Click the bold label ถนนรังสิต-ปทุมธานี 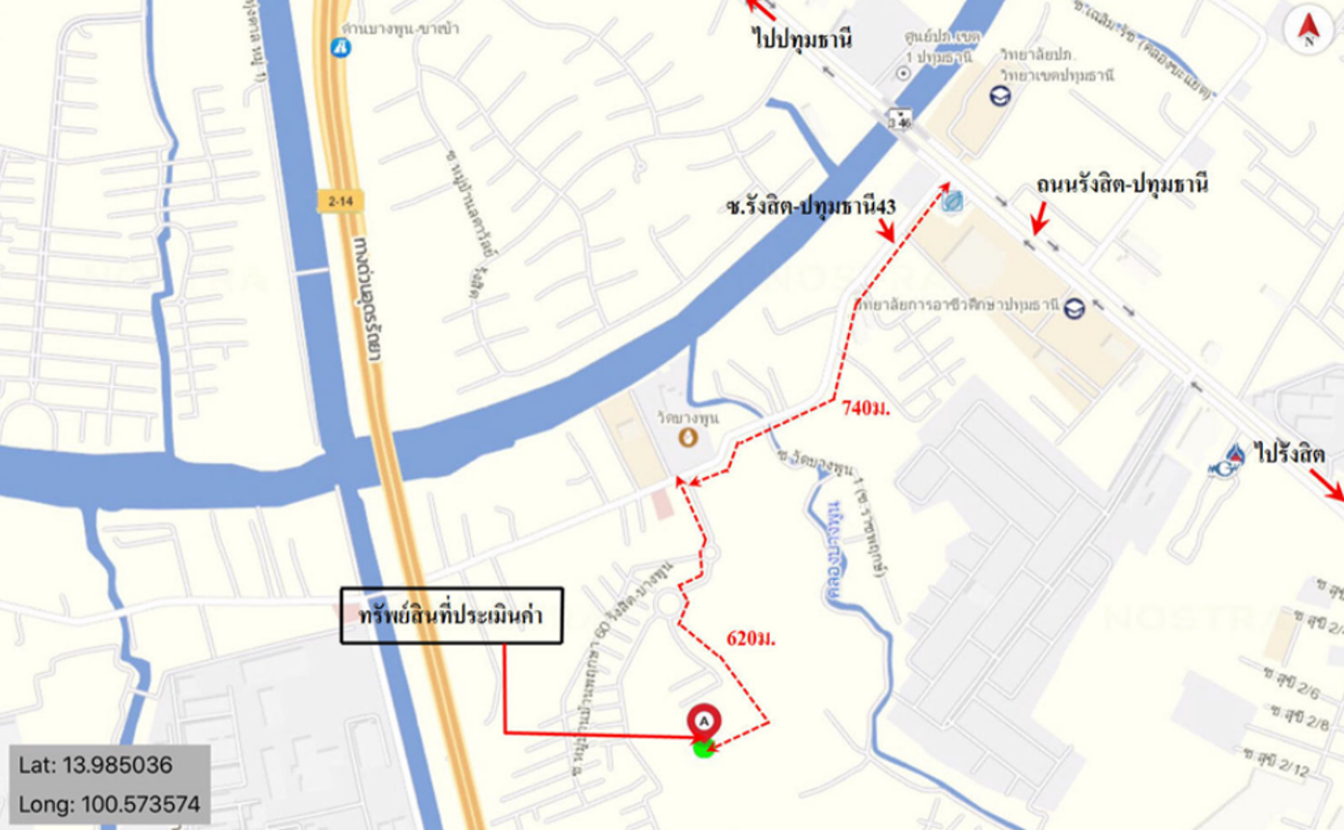coord(1122,183)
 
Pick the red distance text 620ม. coord(753,637)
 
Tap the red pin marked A coord(704,720)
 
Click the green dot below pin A coord(704,748)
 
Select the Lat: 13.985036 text coord(96,766)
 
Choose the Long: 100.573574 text coord(108,802)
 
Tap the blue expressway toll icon coord(340,45)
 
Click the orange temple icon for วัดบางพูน coord(688,437)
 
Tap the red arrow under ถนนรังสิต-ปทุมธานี coord(1038,222)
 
